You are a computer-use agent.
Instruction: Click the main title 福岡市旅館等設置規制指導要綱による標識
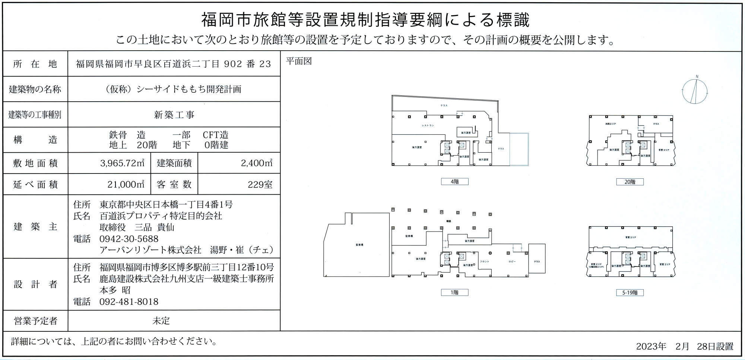click(365, 20)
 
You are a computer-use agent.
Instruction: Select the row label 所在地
click(35, 64)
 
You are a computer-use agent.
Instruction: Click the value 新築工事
click(174, 115)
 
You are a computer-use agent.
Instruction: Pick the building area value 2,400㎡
click(257, 163)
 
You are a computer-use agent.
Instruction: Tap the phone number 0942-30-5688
click(129, 239)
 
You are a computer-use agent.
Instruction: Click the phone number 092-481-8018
click(129, 302)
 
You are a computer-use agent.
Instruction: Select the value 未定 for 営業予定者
click(161, 321)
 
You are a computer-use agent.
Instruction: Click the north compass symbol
click(695, 91)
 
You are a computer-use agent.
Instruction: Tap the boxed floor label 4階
click(454, 182)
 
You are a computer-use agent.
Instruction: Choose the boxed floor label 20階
click(630, 182)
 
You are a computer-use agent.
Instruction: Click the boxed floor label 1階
click(454, 293)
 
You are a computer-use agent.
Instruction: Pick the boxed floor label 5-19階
click(630, 293)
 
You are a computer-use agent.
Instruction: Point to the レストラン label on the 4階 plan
click(428, 125)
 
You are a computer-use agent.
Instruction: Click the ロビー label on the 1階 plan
click(512, 262)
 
